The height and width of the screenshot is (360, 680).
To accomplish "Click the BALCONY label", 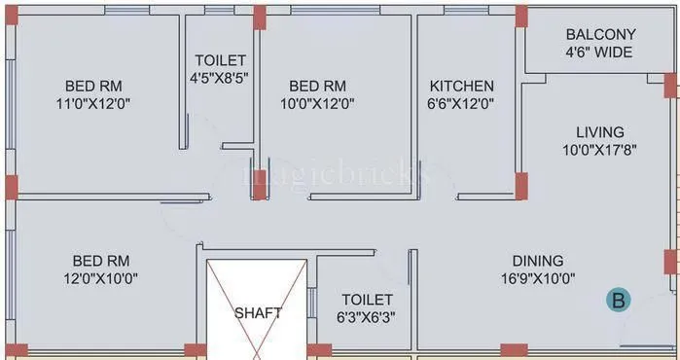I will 601,34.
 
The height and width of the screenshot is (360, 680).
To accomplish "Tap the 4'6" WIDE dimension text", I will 601,53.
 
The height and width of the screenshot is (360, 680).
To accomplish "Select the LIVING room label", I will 600,131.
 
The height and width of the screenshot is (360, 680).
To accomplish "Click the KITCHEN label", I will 462,86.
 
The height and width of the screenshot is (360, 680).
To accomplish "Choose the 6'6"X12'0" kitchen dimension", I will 462,103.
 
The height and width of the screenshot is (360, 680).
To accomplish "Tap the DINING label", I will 538,260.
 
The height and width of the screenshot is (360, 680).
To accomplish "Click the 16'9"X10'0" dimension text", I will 538,278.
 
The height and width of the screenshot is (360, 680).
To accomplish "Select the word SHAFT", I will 258,313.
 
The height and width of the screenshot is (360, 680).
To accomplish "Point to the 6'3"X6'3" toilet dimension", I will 368,317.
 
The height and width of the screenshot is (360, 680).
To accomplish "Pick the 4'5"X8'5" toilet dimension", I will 221,78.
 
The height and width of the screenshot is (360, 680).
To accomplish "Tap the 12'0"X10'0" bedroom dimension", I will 101,278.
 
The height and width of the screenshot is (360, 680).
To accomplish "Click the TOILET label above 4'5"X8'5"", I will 221,60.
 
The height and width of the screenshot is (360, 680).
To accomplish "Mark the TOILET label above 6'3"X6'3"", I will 368,300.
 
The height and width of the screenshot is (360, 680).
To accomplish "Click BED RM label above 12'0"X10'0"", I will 101,260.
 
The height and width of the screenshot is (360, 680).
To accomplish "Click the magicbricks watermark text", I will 336,176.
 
